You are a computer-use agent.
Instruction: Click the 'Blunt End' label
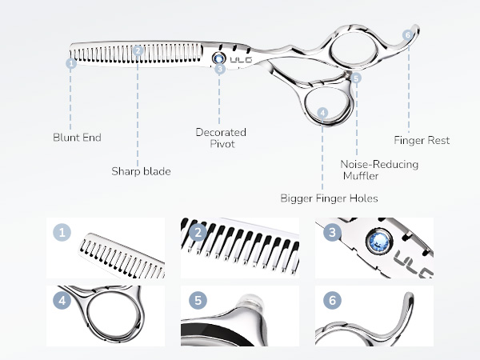tap(77, 138)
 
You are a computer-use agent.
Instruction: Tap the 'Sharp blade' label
tap(141, 170)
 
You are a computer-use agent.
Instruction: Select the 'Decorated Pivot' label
tap(221, 138)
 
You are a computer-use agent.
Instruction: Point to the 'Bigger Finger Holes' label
tap(329, 198)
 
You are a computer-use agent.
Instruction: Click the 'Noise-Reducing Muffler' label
tap(368, 170)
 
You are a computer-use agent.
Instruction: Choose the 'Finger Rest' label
tap(427, 140)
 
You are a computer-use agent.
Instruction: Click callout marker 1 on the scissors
tap(71, 62)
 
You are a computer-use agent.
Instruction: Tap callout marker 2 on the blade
tap(138, 50)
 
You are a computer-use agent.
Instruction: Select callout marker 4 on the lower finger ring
tap(322, 114)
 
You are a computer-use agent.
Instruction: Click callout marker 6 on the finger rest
tap(407, 35)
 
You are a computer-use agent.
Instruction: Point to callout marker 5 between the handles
tap(356, 78)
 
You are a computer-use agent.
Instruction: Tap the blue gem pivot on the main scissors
tap(219, 58)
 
